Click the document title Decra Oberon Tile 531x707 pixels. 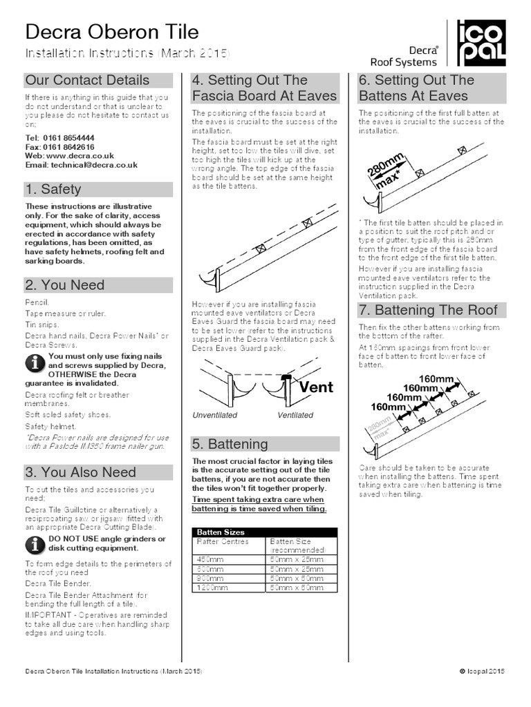point(112,32)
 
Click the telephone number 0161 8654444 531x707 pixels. point(68,138)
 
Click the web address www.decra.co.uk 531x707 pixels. point(75,156)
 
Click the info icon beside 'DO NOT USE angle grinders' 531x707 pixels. point(35,544)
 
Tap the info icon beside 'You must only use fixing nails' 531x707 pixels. point(35,361)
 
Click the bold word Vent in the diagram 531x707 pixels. point(316,387)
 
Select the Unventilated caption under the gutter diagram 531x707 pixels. point(214,416)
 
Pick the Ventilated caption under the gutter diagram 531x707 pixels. point(295,416)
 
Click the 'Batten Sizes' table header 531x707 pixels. point(221,532)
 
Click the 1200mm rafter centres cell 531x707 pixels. point(211,588)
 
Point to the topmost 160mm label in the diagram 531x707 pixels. point(437,378)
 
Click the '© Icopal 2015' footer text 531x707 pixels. point(481,671)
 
